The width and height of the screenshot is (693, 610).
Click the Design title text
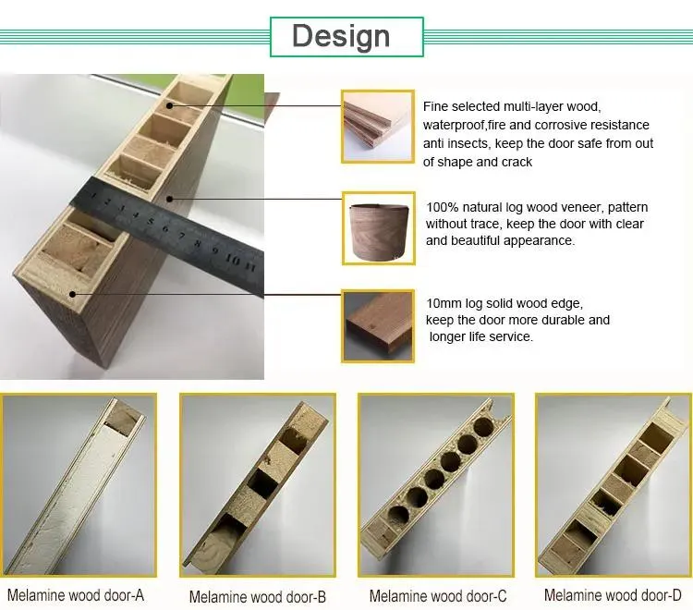(x=341, y=36)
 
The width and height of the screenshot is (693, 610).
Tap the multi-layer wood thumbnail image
(x=378, y=127)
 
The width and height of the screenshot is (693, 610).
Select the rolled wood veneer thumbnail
(x=378, y=228)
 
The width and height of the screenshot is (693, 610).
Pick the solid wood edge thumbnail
(x=378, y=326)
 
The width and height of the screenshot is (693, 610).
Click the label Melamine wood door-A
(x=76, y=595)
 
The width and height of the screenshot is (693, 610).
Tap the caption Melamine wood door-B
(x=257, y=597)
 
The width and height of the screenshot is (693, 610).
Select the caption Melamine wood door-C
(x=438, y=596)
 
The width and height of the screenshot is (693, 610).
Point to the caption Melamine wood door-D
(x=613, y=595)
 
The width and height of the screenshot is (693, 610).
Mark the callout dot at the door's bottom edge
(x=72, y=294)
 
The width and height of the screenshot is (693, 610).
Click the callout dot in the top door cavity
(x=169, y=105)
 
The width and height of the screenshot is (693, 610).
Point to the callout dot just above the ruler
(x=170, y=200)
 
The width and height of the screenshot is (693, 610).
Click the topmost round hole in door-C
(x=483, y=427)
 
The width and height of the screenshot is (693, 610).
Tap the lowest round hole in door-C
(x=398, y=516)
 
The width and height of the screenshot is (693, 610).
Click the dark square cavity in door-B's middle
(x=261, y=484)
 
